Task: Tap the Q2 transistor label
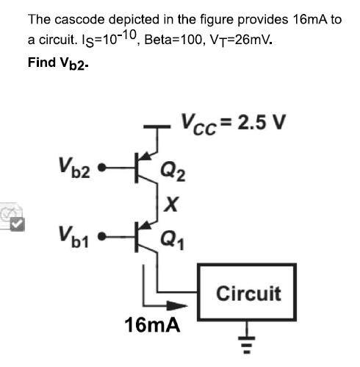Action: tap(175, 174)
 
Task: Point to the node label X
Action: tap(170, 206)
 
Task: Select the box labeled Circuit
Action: tap(248, 294)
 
